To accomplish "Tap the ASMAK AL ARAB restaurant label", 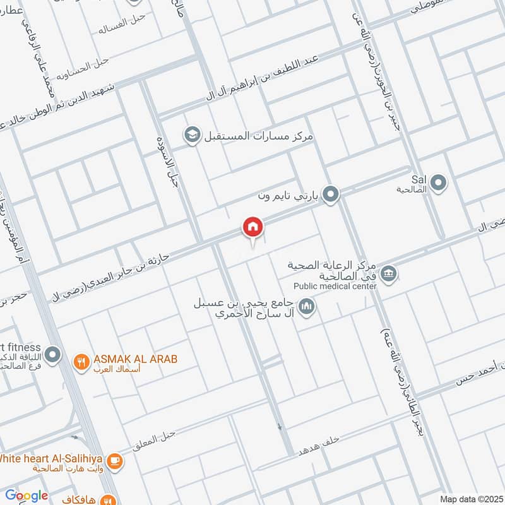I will tap(135, 359).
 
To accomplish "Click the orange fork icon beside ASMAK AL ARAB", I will tap(81, 362).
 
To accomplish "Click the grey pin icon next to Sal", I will tap(439, 184).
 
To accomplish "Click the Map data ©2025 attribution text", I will tap(471, 499).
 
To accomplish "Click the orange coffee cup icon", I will tap(114, 461).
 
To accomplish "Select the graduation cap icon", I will tap(191, 134).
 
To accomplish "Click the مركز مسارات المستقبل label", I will tap(259, 136).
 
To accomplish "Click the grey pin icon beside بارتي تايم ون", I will tap(330, 195).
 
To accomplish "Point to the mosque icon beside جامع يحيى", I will tap(307, 307).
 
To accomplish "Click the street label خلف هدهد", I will tap(321, 444).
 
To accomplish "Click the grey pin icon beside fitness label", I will tap(54, 355).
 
